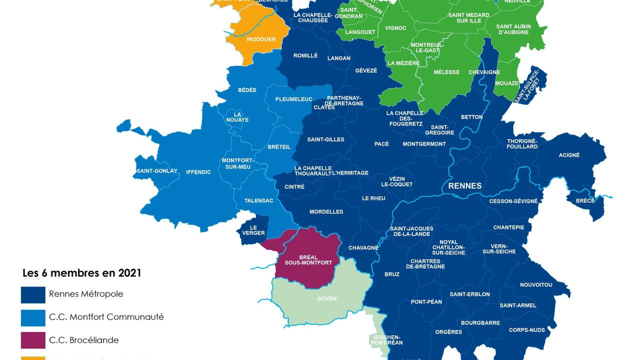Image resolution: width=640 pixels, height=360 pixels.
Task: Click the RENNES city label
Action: (464, 186)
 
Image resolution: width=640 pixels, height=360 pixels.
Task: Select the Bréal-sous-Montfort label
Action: (308, 260)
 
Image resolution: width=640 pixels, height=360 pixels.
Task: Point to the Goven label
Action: (327, 298)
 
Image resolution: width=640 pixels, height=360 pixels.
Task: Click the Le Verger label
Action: (253, 230)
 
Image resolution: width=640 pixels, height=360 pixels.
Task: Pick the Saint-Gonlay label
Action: (156, 171)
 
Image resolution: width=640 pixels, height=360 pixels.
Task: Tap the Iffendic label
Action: (198, 172)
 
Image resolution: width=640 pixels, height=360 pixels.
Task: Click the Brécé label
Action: (585, 200)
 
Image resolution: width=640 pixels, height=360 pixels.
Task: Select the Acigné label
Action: (569, 155)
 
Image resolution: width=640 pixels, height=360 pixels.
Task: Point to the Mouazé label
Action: (506, 83)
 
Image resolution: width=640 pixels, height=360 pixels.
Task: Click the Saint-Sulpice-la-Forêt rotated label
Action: (528, 86)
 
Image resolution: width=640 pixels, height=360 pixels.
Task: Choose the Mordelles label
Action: (326, 211)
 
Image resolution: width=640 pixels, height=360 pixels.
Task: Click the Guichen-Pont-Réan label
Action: (387, 340)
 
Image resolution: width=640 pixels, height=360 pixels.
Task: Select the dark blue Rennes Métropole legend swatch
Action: (33, 294)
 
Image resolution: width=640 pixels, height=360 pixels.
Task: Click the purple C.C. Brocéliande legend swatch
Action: (33, 340)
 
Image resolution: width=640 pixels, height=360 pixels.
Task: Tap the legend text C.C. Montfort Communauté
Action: (106, 317)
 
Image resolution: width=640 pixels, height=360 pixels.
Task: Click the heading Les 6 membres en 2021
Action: (81, 273)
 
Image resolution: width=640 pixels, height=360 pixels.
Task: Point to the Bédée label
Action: (247, 90)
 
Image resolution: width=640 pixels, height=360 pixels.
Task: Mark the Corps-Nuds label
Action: (527, 330)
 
